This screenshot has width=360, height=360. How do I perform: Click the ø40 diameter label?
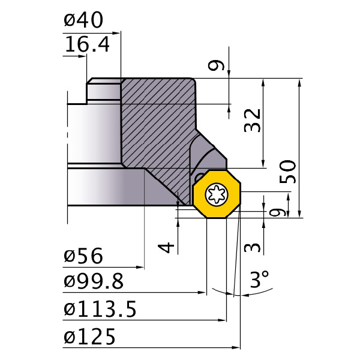pyautogui.click(x=83, y=21)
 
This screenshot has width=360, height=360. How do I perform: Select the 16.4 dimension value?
pyautogui.click(x=86, y=45)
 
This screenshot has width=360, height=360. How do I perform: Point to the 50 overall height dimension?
pyautogui.click(x=289, y=173)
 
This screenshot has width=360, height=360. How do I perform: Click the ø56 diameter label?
pyautogui.click(x=83, y=257)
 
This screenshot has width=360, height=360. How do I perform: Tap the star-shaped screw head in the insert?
pyautogui.click(x=215, y=193)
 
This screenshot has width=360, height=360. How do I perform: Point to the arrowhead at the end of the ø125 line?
pyautogui.click(x=236, y=347)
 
